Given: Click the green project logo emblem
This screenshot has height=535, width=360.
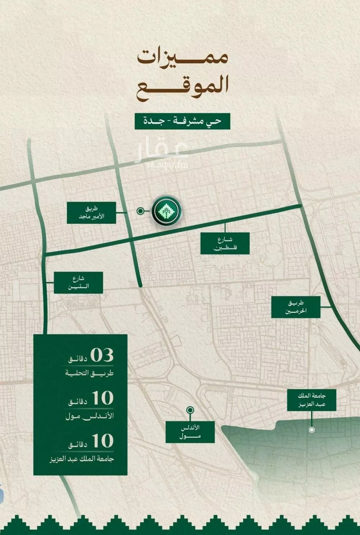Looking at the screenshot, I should pos(166,211).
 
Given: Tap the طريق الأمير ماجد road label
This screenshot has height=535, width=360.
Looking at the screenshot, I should pos(91,213).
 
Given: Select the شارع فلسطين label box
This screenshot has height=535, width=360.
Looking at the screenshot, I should pos(225,244).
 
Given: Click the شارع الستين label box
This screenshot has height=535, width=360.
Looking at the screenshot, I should pos(78,283).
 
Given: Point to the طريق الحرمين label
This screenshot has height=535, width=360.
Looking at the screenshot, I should pos(296,307).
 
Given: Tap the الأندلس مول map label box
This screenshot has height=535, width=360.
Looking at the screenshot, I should pos(190,432).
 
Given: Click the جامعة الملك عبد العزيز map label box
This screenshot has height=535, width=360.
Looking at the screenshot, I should pos(312,400).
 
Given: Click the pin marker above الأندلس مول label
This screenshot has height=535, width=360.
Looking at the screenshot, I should pos(190,410).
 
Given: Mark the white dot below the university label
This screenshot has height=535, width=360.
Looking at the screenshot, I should pos(312,430).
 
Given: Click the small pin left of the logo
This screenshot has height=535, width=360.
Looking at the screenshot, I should pos(140,211).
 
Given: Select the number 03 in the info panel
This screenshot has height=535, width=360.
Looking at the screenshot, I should pos(102,355).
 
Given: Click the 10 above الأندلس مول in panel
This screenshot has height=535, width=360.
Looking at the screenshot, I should pos(103,398).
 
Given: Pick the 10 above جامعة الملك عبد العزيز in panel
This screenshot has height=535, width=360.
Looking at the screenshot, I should pos(103,441).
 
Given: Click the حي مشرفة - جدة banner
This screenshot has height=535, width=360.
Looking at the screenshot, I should pos(182,121).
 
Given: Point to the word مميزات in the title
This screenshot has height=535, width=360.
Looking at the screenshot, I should pos(183,58).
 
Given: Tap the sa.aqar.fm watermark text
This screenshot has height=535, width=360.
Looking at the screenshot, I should pos(167,165).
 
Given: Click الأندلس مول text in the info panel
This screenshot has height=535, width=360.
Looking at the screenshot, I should pos(90,416).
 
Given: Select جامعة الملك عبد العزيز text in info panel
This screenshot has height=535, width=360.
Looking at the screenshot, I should pos(82,459).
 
